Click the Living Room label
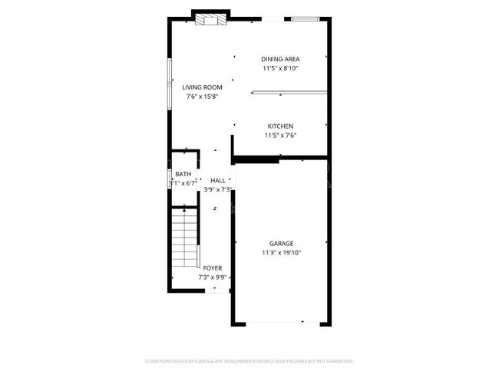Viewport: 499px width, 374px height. click(203, 87)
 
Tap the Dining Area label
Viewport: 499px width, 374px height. click(280, 59)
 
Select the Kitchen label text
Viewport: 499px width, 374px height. click(280, 126)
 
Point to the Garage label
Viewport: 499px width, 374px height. click(281, 243)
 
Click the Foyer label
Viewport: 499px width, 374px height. click(213, 268)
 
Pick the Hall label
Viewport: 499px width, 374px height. click(218, 180)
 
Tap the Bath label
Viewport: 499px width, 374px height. click(183, 174)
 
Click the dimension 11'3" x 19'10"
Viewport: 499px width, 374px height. click(281, 252)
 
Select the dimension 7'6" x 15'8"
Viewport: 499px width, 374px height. click(203, 97)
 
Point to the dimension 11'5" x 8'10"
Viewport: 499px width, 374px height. click(280, 68)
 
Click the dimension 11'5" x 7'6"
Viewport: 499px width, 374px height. click(280, 135)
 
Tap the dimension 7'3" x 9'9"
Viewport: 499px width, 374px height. click(213, 277)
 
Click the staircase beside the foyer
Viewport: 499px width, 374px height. click(185, 238)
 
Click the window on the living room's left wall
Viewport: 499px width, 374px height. click(170, 84)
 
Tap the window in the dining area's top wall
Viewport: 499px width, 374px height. click(304, 18)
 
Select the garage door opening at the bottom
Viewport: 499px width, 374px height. click(281, 322)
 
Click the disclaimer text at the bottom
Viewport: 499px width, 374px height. click(249, 360)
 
